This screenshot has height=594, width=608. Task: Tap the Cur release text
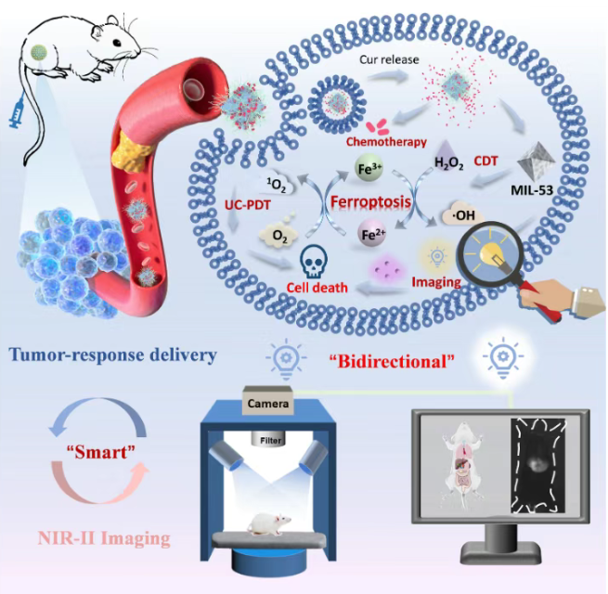[x=389, y=59]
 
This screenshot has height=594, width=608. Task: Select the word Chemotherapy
[x=386, y=143]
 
